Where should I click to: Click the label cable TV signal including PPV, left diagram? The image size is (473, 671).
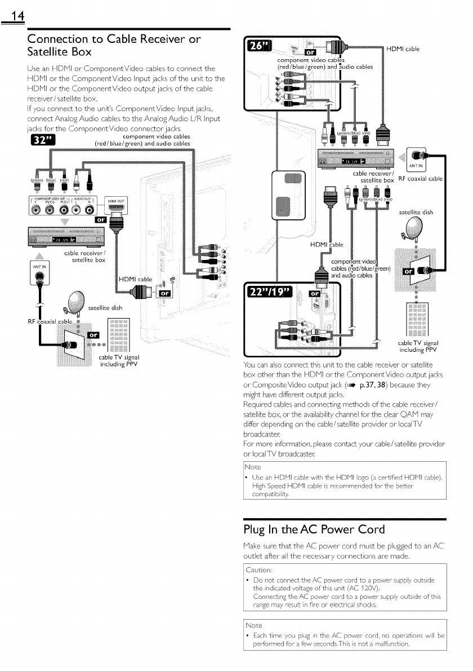(x=118, y=360)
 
